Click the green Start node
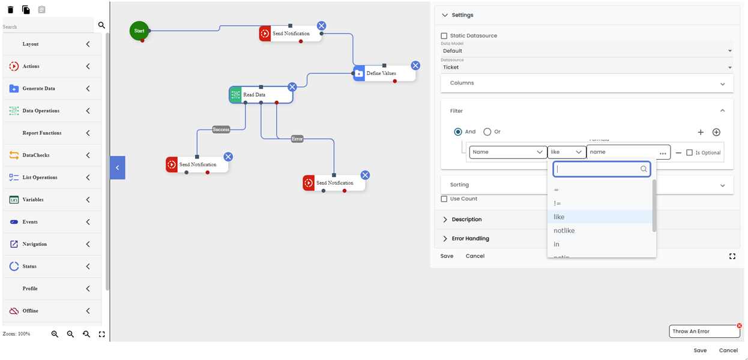tap(139, 31)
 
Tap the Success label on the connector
tap(221, 130)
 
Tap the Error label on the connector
tap(297, 139)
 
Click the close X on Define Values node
tap(415, 65)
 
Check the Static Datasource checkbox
tap(444, 36)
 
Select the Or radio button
tap(487, 132)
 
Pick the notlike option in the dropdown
tap(564, 231)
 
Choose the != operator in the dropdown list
tap(557, 203)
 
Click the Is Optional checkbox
tap(689, 152)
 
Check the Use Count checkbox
tap(444, 199)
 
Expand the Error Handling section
tap(470, 239)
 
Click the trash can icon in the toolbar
tap(10, 10)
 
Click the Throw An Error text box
tap(702, 332)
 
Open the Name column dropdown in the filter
tap(508, 152)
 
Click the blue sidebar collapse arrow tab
tap(118, 168)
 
